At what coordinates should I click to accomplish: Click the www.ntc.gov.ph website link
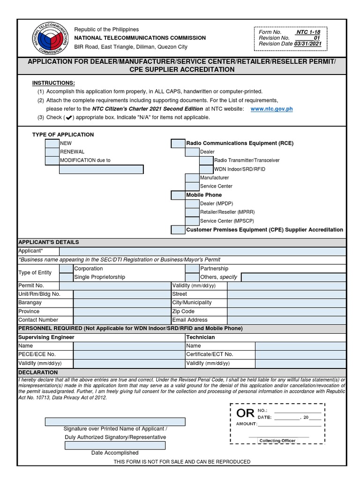coord(271,109)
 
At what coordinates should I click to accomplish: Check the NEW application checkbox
coord(52,143)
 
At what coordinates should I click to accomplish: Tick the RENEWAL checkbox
coord(52,152)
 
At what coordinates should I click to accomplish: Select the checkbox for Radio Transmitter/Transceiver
coord(206,160)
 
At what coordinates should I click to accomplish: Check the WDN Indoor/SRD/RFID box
coord(206,169)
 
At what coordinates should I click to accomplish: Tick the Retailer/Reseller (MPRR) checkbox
coord(192,212)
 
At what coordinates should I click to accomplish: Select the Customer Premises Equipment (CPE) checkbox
coord(178,230)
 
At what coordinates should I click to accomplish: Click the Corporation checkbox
coord(67,269)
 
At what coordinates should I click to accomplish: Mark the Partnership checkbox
coord(192,269)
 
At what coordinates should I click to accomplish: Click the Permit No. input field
coord(115,285)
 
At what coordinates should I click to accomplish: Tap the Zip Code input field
coord(286,311)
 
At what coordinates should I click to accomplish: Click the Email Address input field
coord(286,320)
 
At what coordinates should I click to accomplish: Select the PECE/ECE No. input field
coord(129,354)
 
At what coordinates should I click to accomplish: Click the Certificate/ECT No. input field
coord(300,354)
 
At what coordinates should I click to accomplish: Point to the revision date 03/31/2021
coord(308,44)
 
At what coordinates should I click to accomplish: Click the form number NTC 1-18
coord(308,32)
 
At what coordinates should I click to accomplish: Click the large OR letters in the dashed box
coord(246,413)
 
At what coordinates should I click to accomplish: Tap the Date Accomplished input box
coord(115,445)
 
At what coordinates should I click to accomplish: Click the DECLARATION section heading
coord(38,372)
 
